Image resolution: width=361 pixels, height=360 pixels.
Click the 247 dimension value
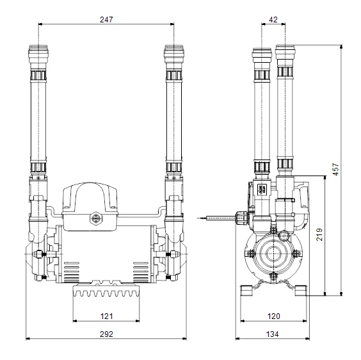pos(106,19)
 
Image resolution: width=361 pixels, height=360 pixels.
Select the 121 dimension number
pos(106,315)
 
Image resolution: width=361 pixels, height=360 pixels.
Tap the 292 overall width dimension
pos(106,334)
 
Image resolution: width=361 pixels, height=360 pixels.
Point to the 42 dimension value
pos(273,19)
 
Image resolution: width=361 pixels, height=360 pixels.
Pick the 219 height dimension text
pos(320,236)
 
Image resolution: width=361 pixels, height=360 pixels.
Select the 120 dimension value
pos(273,315)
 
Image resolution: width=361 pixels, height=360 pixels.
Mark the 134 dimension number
pos(273,334)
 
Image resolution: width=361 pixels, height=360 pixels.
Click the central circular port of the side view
pos(274,252)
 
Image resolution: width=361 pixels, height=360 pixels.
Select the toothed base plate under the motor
pos(106,293)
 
